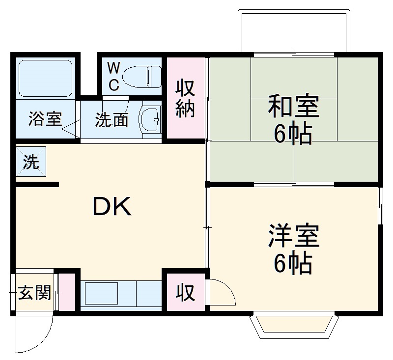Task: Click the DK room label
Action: [x=112, y=207]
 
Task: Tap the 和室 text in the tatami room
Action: [x=293, y=107]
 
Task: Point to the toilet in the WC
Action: [x=141, y=77]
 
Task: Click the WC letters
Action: [x=113, y=77]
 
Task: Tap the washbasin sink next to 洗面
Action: [x=150, y=119]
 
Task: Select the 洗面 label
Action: [x=112, y=119]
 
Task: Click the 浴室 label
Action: [x=45, y=119]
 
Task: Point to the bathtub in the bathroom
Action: [x=45, y=78]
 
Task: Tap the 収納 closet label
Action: [x=186, y=98]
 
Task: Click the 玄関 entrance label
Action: [x=34, y=293]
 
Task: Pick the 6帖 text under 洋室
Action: [x=293, y=264]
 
